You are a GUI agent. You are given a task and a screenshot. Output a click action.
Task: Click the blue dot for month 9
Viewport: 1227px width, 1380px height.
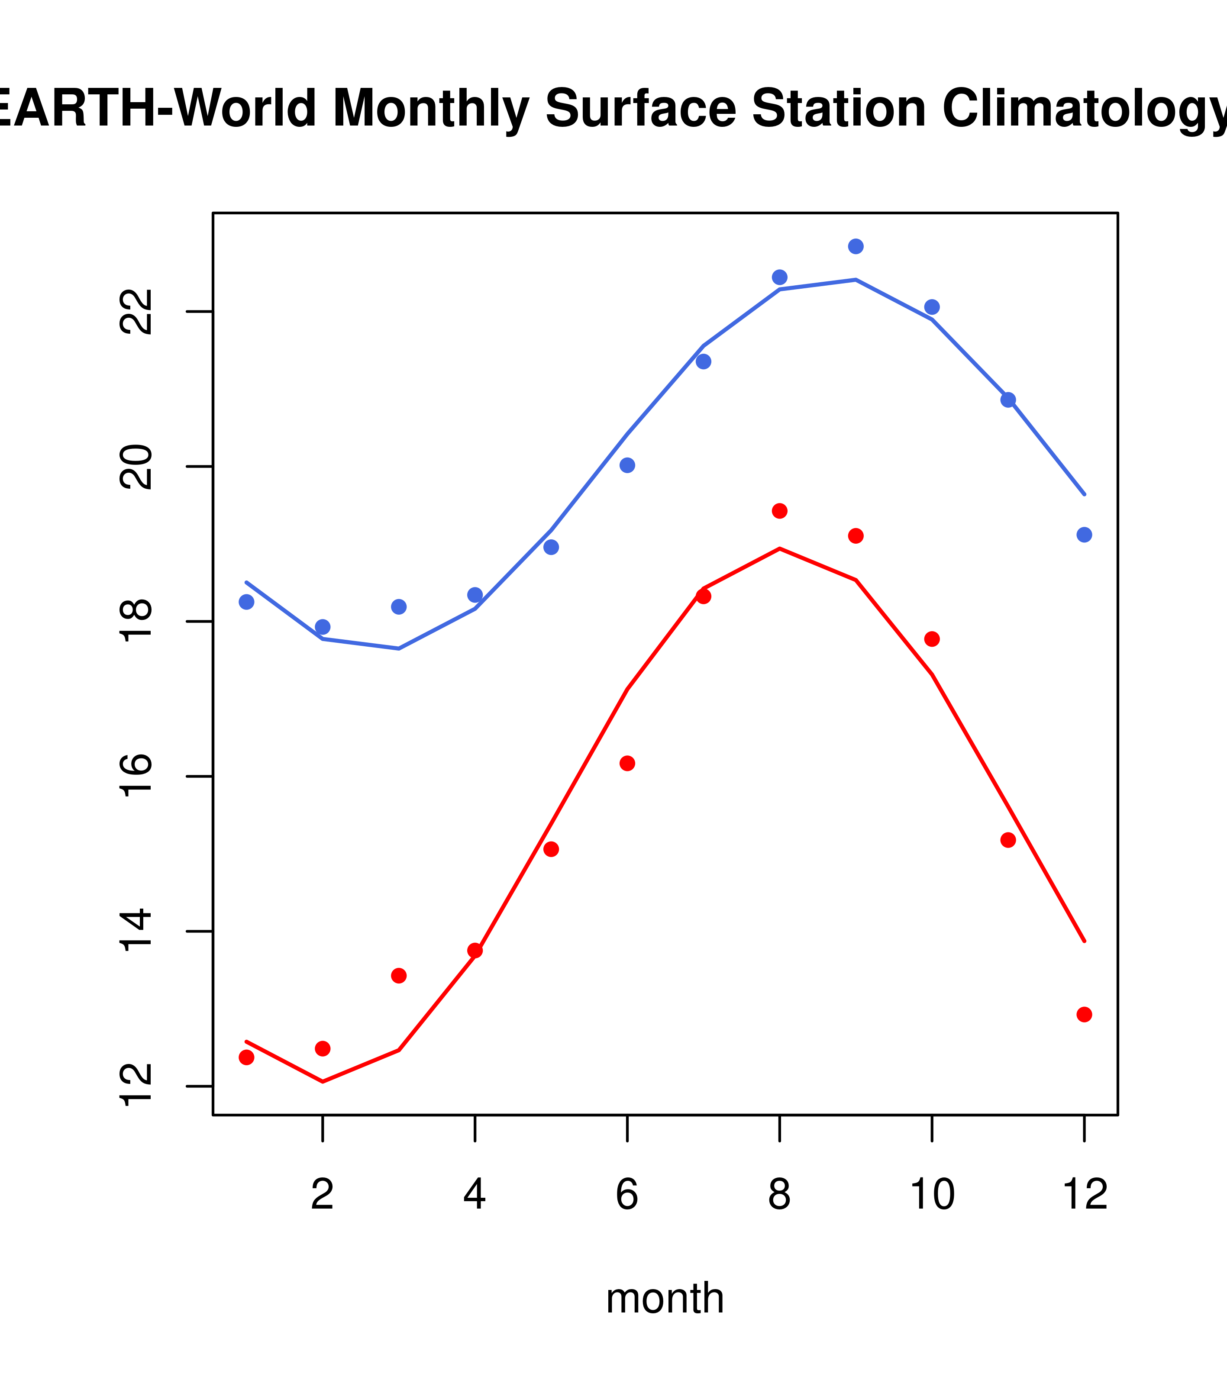[856, 246]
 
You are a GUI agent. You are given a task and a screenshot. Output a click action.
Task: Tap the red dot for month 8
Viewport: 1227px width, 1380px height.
[779, 510]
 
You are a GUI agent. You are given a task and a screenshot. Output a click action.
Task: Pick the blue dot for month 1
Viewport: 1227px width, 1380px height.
[246, 602]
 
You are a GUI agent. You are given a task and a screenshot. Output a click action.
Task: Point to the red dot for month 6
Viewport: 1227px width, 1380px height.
[627, 764]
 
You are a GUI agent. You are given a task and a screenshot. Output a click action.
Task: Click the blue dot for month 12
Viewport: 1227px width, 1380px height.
[1084, 535]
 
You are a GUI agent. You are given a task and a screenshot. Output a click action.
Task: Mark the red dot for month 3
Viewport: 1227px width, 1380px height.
[399, 976]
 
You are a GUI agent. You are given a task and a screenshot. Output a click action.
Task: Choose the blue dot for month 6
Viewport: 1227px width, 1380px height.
[627, 465]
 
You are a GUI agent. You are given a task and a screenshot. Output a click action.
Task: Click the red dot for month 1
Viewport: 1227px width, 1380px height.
[246, 1057]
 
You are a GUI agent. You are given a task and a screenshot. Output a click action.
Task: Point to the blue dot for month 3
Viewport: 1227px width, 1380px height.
[399, 607]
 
